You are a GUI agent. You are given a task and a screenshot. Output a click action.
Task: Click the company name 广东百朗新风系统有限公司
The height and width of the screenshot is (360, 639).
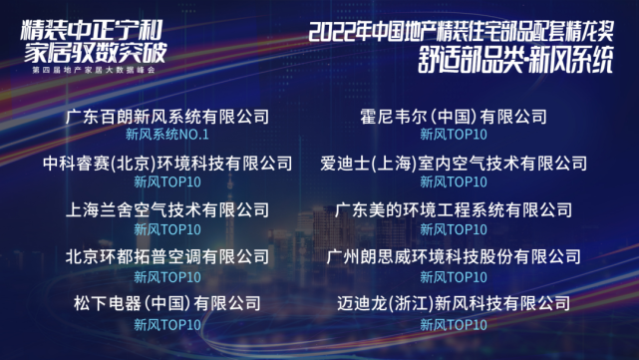(x=166, y=117)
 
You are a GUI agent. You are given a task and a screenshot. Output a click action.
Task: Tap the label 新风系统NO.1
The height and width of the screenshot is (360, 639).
(x=166, y=135)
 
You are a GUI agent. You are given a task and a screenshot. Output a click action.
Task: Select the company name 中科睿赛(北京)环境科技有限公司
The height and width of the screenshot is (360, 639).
(x=167, y=164)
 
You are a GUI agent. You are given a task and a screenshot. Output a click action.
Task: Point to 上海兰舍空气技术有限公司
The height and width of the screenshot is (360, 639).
(x=166, y=210)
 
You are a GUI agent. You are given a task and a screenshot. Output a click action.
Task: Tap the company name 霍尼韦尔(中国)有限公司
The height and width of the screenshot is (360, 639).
(x=454, y=117)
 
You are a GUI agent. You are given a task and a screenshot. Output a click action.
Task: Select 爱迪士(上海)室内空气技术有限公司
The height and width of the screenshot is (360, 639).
(x=454, y=164)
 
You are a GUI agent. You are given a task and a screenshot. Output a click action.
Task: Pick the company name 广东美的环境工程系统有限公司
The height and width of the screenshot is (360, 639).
(x=454, y=210)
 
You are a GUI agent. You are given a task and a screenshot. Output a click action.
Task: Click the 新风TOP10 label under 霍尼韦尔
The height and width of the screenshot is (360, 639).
(x=454, y=135)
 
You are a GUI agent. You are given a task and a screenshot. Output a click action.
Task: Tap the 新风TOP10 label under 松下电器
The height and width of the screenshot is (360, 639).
(x=166, y=324)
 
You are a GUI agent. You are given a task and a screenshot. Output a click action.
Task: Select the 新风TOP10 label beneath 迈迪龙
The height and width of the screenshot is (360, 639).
(x=454, y=324)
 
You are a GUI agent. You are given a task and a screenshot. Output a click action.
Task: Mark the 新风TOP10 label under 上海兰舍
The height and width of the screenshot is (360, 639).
(x=166, y=229)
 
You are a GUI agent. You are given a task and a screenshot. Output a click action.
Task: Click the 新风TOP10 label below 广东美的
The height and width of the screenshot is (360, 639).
(x=454, y=229)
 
